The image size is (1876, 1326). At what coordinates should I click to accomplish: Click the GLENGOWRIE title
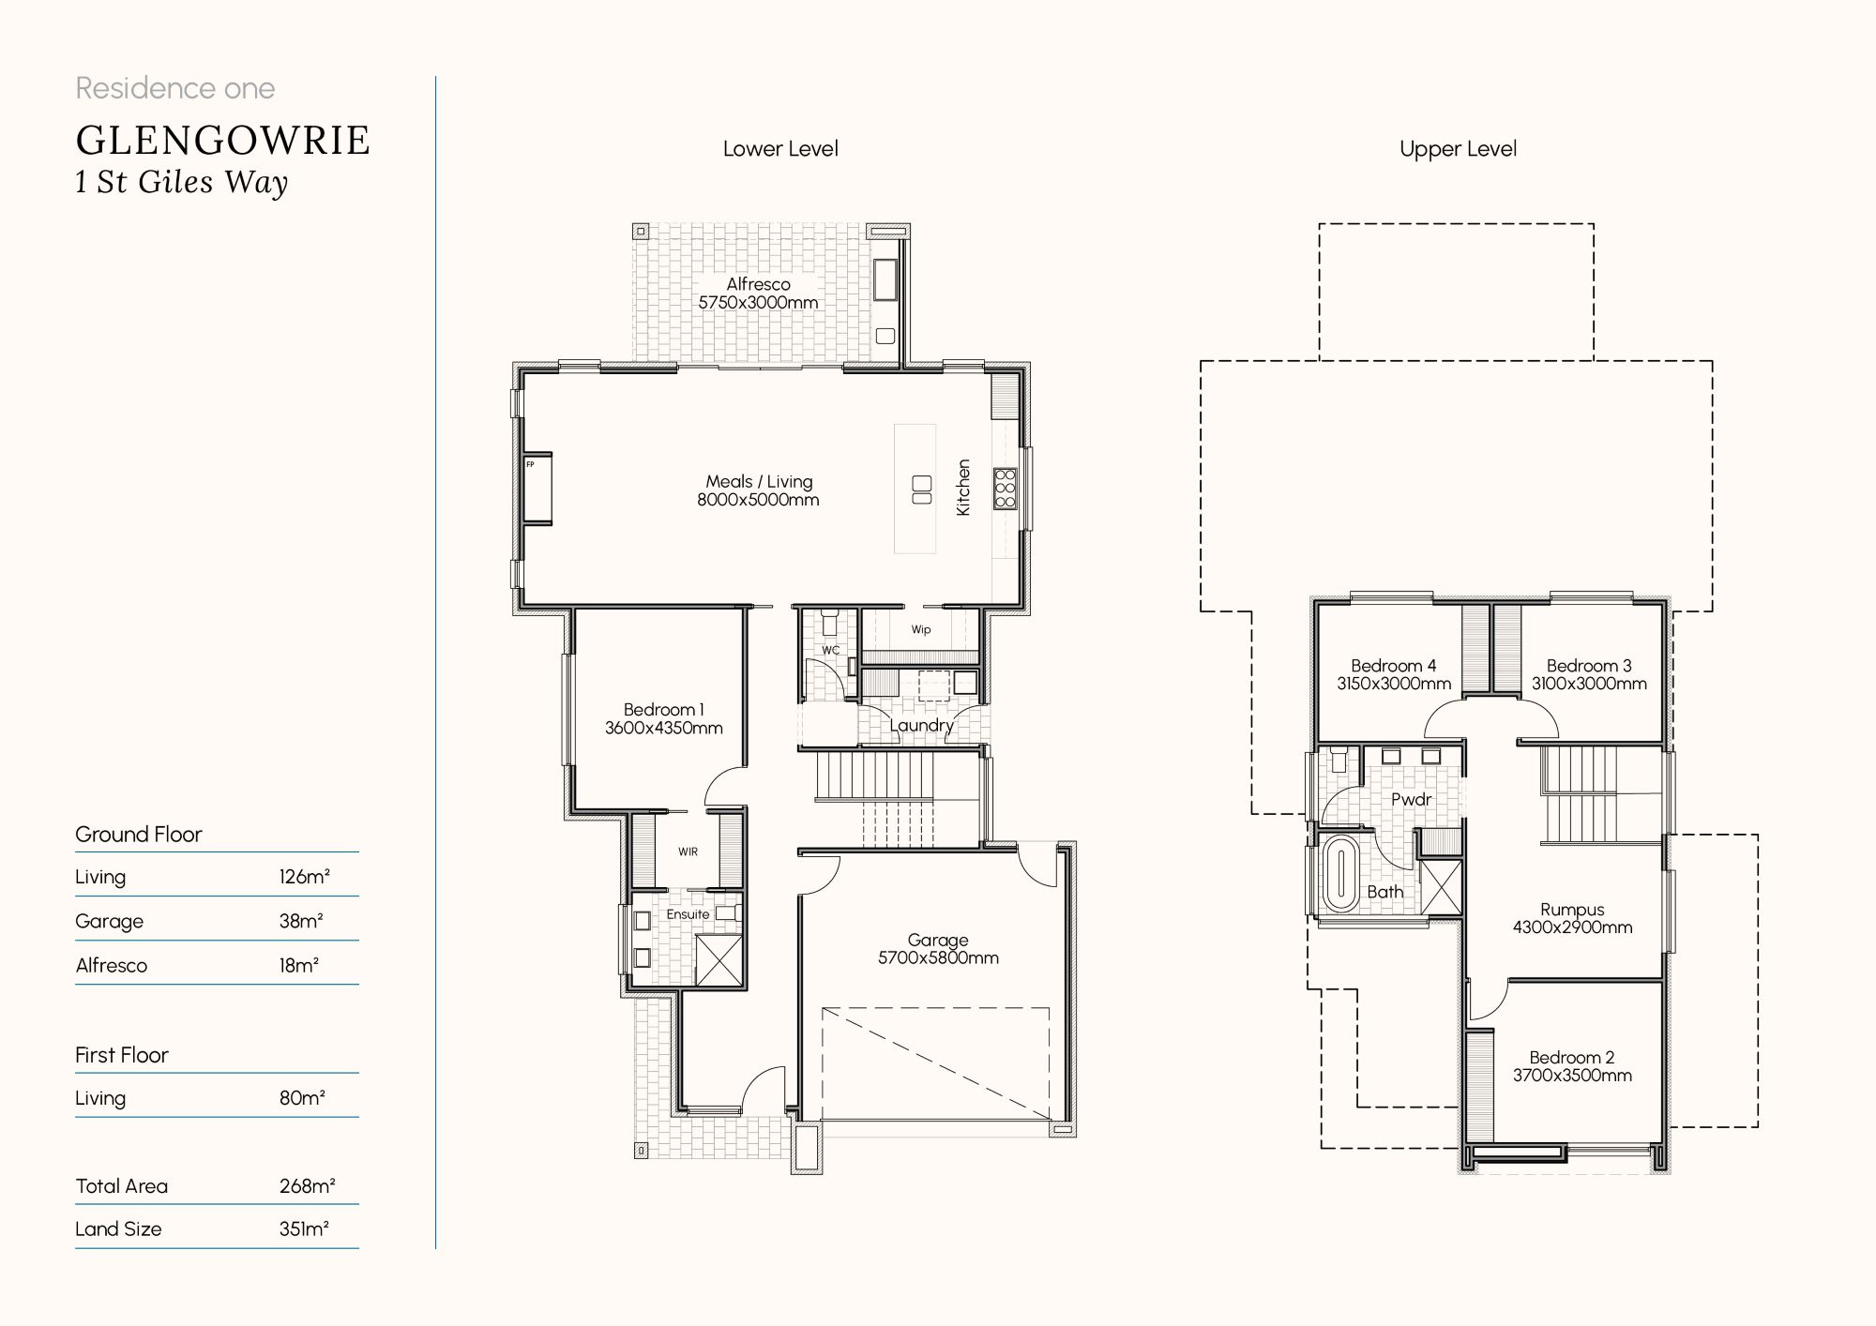[x=223, y=141]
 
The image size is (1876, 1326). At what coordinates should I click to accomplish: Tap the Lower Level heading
[x=780, y=149]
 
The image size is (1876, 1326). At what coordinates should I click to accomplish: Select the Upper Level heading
[x=1458, y=149]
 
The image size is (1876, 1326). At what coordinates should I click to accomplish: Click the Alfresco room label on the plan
[x=758, y=284]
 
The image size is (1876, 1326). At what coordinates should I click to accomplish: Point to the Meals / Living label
[x=759, y=482]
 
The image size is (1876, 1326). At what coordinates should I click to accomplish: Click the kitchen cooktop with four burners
[x=1006, y=489]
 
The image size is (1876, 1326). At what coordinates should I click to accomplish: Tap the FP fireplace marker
[x=530, y=465]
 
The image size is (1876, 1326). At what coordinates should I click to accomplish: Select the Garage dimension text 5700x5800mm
[x=938, y=958]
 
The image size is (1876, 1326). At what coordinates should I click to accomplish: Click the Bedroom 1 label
[x=663, y=710]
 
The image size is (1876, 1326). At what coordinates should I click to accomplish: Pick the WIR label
[x=688, y=852]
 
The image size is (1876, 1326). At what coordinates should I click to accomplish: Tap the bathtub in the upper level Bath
[x=1340, y=874]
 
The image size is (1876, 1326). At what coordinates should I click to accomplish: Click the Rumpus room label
[x=1572, y=910]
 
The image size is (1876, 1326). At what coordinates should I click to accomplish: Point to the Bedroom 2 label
[x=1572, y=1058]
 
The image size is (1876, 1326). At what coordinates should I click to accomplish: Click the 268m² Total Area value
[x=307, y=1186]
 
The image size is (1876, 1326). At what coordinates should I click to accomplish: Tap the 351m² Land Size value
[x=304, y=1229]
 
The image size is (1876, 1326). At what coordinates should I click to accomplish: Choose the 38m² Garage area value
[x=301, y=922]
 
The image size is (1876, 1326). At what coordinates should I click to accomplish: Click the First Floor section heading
[x=122, y=1056]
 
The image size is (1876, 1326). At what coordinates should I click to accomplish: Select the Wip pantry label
[x=921, y=630]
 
